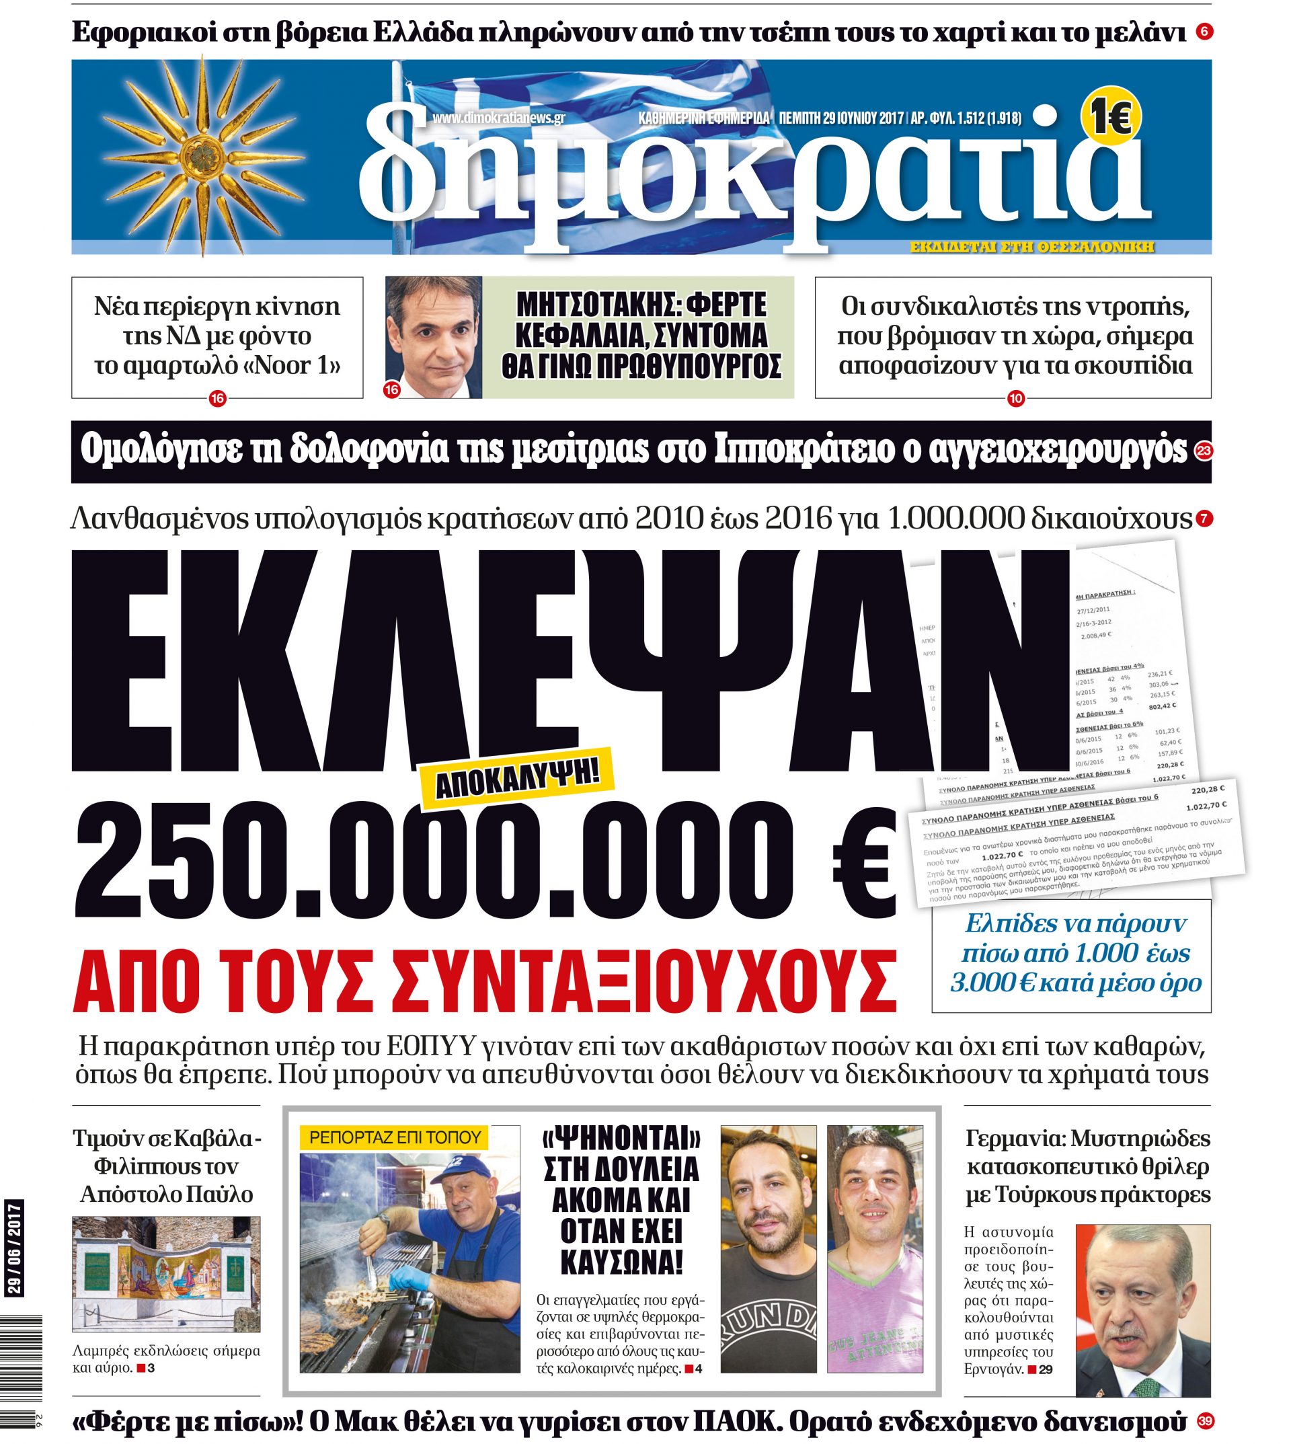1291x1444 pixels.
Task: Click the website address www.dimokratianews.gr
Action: [498, 118]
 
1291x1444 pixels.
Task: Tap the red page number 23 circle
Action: [1202, 452]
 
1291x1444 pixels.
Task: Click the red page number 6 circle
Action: [1203, 32]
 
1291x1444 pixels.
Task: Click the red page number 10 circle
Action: [1015, 399]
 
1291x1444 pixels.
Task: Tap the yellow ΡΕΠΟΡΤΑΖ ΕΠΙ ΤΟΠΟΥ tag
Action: [395, 1137]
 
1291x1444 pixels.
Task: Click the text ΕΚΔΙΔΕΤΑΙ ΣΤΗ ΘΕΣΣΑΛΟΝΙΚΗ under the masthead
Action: [1032, 248]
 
